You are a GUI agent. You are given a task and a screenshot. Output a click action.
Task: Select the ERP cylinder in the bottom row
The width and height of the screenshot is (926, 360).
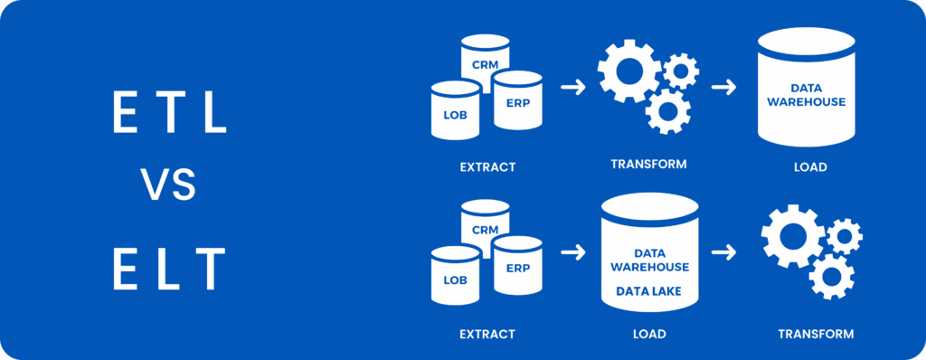click(x=516, y=266)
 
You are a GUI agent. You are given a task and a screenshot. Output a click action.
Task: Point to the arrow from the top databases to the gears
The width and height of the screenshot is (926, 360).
click(x=572, y=87)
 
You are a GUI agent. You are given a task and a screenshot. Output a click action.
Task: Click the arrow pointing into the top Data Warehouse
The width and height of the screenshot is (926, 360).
click(x=723, y=87)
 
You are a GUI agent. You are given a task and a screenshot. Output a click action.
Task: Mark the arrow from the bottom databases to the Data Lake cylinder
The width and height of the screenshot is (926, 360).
click(x=572, y=252)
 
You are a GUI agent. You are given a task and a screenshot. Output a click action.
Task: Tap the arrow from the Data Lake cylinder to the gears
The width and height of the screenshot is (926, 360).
click(x=723, y=252)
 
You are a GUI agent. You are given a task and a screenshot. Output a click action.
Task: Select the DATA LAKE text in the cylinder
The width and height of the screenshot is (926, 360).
click(x=648, y=291)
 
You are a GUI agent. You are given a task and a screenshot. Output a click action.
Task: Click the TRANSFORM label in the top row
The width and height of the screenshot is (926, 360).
click(x=648, y=165)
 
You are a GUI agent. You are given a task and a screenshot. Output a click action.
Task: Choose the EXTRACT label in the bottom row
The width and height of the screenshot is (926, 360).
click(x=487, y=334)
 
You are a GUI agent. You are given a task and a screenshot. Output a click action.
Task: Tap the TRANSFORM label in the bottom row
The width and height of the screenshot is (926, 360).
click(x=816, y=334)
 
